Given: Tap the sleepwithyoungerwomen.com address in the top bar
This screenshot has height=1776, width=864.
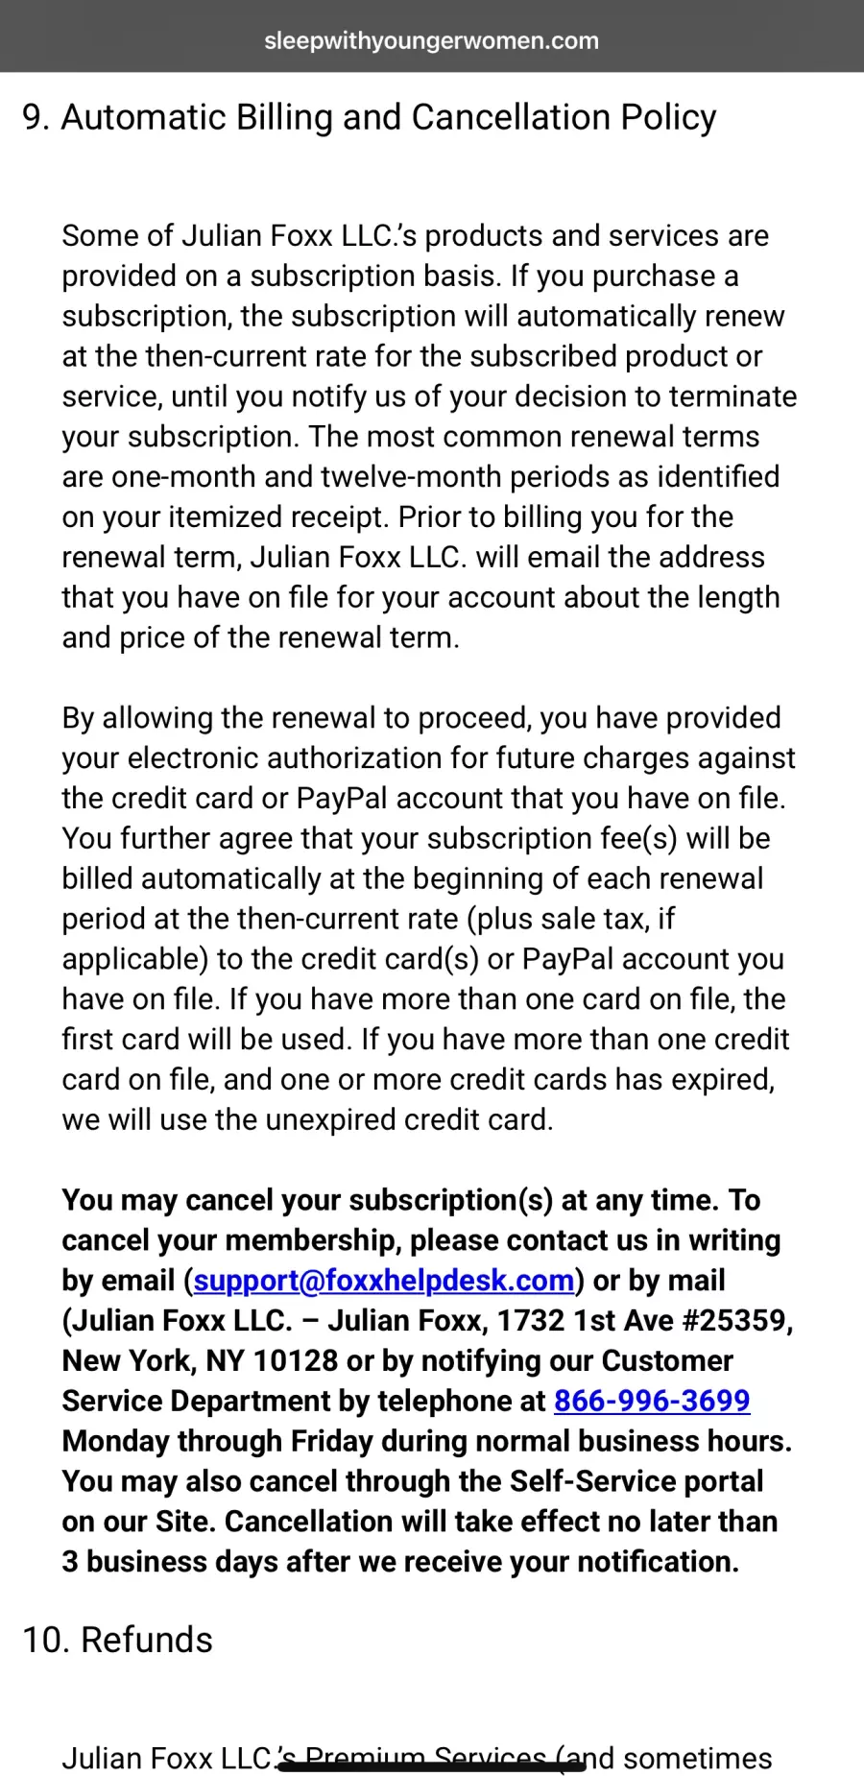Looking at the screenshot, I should (431, 40).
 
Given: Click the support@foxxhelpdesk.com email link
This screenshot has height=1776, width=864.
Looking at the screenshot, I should (384, 1280).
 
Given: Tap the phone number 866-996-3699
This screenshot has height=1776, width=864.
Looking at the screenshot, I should (652, 1401).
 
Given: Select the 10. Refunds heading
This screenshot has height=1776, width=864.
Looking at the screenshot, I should (117, 1640).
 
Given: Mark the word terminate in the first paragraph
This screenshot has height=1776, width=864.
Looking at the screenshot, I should (732, 396).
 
